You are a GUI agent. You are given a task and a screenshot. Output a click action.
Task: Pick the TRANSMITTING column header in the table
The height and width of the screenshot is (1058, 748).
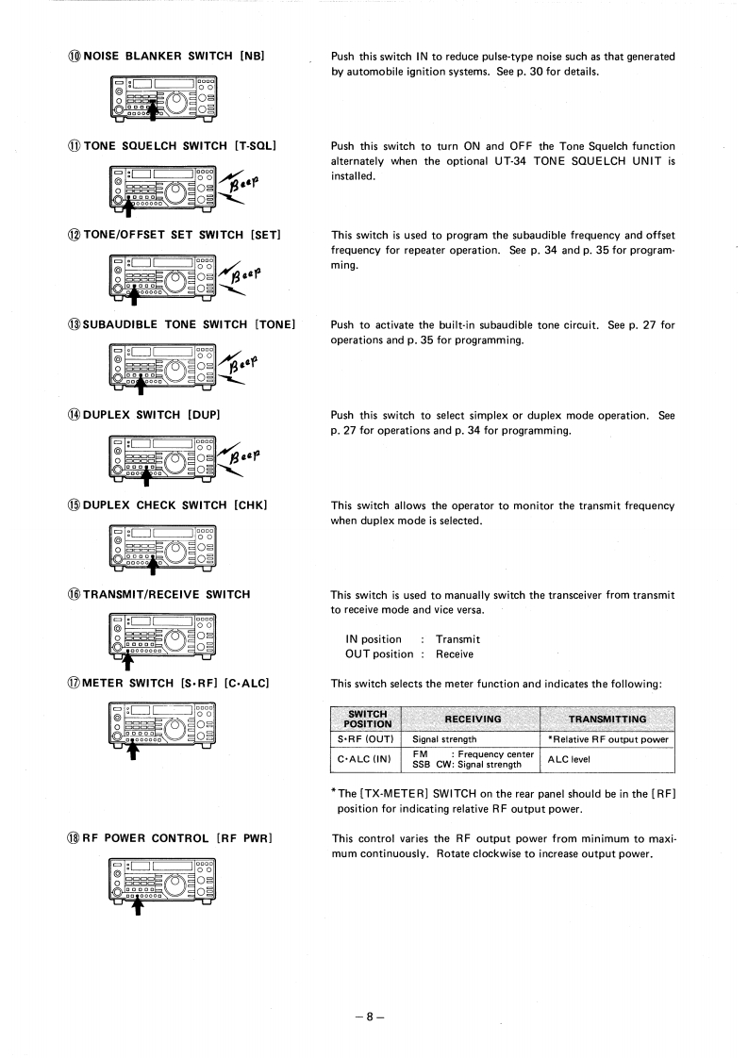point(608,719)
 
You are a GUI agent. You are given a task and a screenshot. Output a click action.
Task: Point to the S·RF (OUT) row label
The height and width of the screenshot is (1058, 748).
point(366,739)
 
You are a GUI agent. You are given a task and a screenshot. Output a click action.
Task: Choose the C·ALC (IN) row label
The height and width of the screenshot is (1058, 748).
point(366,758)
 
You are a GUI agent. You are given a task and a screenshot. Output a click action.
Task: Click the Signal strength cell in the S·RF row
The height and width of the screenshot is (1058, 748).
point(445,739)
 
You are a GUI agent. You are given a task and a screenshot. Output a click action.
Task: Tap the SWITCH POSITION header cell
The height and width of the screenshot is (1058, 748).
point(366,719)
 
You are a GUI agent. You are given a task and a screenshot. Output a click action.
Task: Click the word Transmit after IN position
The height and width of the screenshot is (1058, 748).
point(457,638)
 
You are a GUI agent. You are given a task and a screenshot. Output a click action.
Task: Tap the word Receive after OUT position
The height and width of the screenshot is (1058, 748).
point(455,653)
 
